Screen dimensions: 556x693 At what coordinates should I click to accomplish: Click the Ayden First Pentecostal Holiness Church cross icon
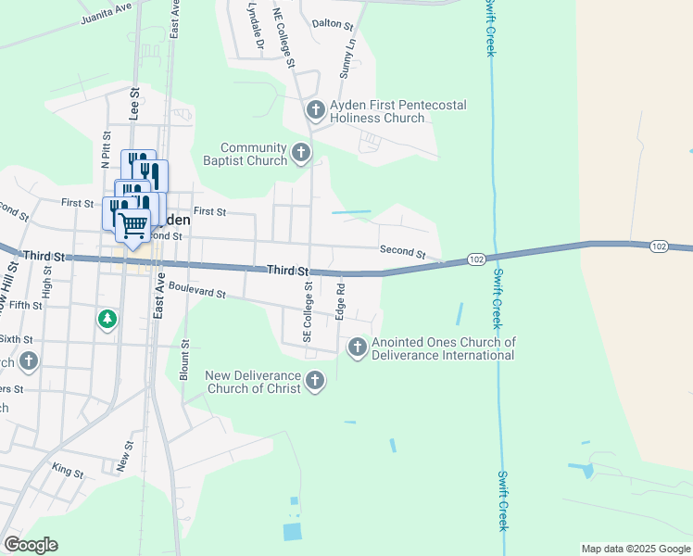(x=315, y=111)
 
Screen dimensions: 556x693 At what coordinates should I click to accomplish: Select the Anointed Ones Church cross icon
(x=357, y=347)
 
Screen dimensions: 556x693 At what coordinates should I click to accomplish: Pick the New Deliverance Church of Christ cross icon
(x=315, y=381)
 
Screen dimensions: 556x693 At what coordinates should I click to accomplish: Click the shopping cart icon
(x=133, y=224)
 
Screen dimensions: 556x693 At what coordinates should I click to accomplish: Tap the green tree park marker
(x=107, y=320)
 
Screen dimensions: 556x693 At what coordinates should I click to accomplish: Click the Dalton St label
(x=333, y=23)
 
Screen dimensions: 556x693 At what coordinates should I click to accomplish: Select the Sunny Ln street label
(x=347, y=57)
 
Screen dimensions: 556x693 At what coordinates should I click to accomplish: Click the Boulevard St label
(x=197, y=292)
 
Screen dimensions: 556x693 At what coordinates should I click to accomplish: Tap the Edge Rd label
(x=340, y=302)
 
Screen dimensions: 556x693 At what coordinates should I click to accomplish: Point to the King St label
(x=68, y=472)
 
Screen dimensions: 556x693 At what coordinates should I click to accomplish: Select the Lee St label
(x=134, y=105)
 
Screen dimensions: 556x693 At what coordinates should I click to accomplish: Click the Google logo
(x=31, y=545)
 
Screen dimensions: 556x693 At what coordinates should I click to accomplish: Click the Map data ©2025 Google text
(x=636, y=549)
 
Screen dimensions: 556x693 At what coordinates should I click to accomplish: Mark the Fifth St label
(x=26, y=305)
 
